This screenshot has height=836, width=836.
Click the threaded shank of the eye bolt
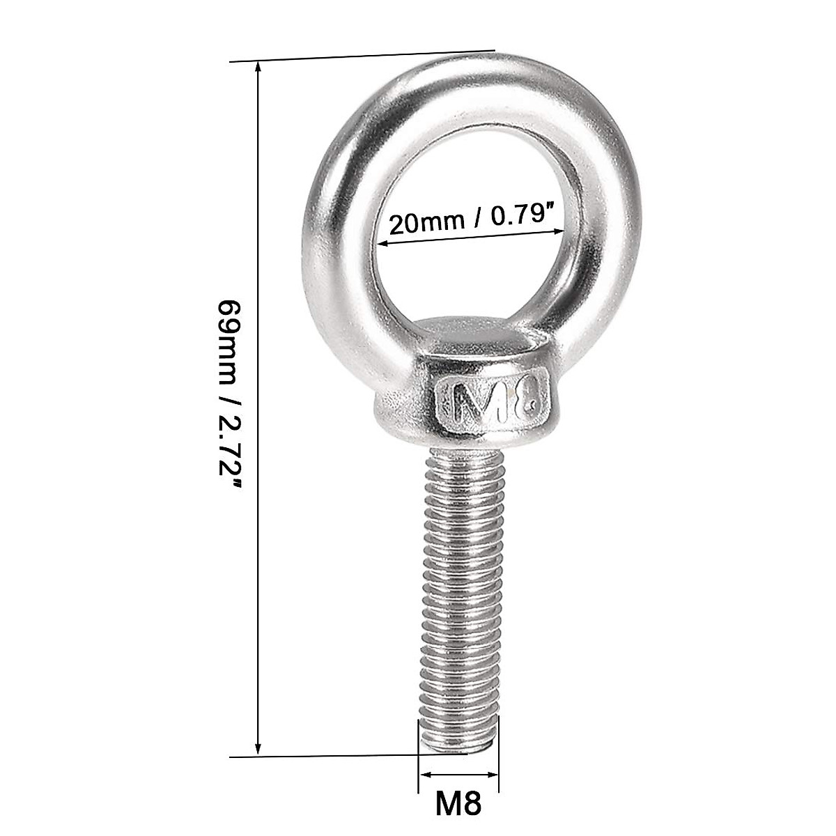click(x=460, y=592)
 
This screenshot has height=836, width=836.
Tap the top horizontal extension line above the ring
click(x=362, y=56)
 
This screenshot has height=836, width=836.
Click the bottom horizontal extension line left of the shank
click(x=320, y=755)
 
